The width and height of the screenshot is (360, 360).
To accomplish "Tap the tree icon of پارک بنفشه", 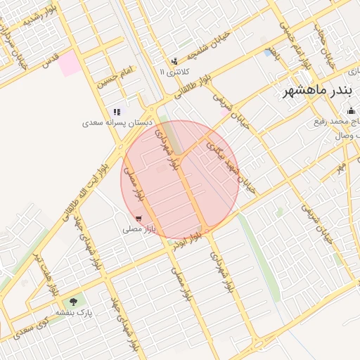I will tap(74, 302).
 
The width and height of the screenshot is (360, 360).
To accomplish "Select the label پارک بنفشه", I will tap(74, 311).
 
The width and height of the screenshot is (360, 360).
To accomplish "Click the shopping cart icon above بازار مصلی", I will tap(139, 219).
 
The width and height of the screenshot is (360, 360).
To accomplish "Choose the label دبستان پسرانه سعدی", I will tap(117, 122).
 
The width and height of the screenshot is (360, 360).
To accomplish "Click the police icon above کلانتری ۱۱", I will tap(174, 62).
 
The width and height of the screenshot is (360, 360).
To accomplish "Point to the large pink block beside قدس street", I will tap(69, 65).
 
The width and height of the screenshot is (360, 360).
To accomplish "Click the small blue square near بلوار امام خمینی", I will tap(269, 52).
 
